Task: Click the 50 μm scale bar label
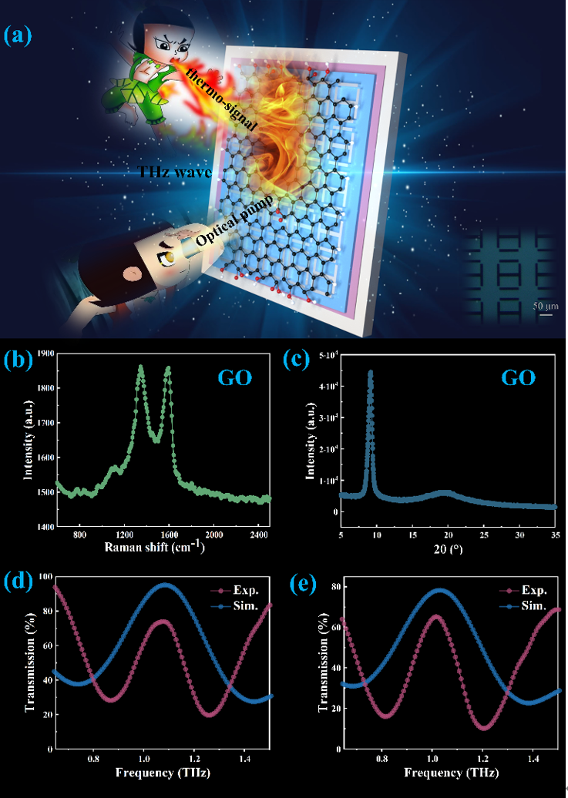click(543, 306)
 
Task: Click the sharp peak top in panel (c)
click(370, 372)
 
